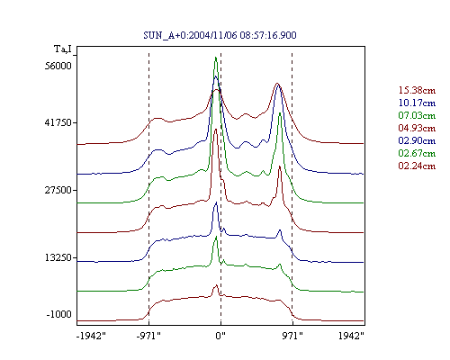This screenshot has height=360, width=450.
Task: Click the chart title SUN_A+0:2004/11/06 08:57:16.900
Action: point(220,35)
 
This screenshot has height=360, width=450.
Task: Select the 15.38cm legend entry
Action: point(417,90)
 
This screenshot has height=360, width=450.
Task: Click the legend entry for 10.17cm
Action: point(417,103)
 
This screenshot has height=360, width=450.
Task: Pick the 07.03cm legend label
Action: point(417,115)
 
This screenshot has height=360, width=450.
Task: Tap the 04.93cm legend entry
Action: point(417,128)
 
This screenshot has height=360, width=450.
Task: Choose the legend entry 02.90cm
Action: point(417,140)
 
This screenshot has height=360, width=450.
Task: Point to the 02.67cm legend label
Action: point(417,153)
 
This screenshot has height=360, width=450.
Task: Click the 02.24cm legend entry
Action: point(417,166)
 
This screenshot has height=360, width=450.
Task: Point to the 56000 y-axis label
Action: point(58,66)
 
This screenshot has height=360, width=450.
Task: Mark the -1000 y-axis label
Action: point(59,314)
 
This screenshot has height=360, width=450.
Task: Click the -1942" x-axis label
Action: point(91,336)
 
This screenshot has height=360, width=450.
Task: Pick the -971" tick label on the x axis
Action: point(148,336)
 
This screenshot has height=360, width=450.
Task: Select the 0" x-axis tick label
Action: point(220,336)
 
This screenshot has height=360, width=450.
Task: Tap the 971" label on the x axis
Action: point(292,336)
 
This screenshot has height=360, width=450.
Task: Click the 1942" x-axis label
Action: point(351,336)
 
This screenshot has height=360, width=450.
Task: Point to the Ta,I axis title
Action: point(63,49)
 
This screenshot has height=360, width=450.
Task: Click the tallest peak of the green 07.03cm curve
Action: point(215,58)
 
